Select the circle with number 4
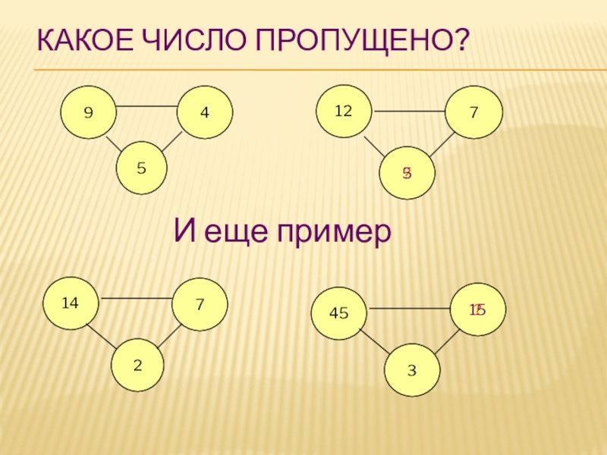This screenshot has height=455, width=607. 205,112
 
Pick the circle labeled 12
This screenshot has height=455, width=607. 344,111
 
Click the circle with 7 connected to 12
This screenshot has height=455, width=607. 474,112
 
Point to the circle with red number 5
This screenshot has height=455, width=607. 407,173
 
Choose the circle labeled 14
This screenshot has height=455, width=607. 71,303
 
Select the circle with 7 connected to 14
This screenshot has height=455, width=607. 200,305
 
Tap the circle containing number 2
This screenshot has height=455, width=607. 138,364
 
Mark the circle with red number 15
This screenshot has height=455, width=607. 477,309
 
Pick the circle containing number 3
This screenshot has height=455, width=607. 412,370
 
